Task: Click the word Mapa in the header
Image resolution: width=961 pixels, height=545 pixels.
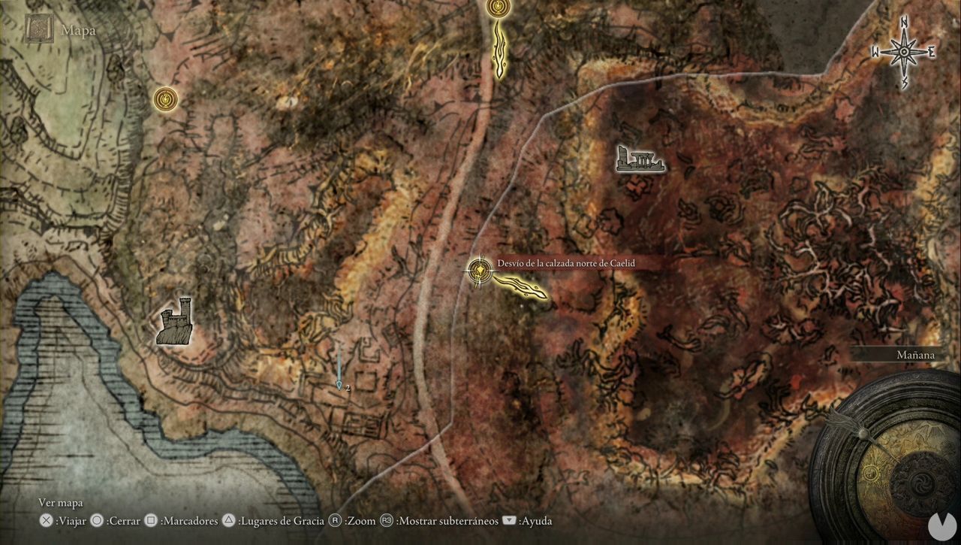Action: pos(78,31)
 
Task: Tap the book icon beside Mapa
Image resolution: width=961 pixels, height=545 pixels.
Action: pos(38,29)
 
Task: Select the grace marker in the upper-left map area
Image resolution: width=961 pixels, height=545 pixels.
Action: pos(165,98)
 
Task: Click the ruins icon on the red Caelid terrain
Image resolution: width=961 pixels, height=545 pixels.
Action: pos(640,159)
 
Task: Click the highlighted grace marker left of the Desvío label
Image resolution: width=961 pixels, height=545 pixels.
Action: pos(478,271)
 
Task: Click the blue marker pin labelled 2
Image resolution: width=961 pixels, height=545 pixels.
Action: pos(339,385)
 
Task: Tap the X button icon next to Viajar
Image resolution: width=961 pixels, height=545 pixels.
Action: pos(46,520)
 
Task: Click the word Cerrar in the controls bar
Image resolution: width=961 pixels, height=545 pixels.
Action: pos(124,520)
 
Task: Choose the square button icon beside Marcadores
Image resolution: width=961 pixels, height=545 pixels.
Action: pos(150,520)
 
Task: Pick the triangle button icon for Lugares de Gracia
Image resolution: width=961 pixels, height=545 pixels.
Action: pos(229,520)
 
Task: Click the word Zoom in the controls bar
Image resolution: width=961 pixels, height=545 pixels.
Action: pos(361,520)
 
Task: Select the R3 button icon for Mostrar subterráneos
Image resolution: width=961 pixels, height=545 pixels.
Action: pos(386,520)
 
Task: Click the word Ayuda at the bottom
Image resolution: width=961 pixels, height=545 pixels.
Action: pos(536,520)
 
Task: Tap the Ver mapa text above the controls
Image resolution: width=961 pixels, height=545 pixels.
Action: pos(61,503)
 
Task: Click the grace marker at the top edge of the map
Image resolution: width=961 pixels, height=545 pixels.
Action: pos(497,8)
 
